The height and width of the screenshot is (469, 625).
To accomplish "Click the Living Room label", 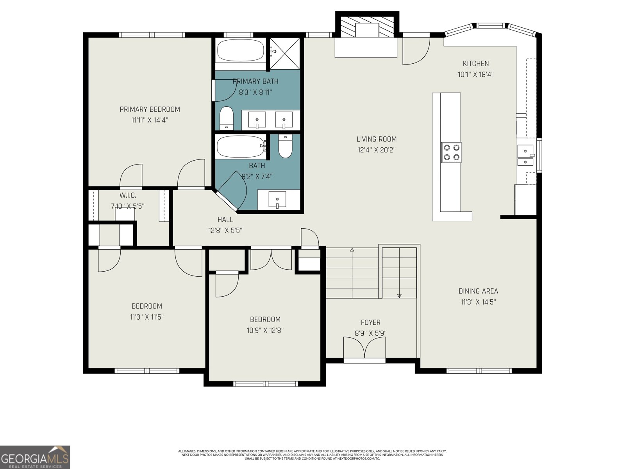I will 376,139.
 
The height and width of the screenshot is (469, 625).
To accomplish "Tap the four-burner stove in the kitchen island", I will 452,152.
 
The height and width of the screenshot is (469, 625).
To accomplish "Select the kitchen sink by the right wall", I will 526,156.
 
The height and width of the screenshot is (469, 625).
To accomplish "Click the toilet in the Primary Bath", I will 226,118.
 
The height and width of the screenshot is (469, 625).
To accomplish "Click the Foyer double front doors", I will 365,348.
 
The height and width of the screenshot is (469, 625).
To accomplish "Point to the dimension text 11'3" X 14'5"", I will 478,302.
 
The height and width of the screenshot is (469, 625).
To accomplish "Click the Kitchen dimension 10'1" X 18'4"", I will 475,74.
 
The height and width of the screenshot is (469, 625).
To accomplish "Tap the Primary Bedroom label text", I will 150,109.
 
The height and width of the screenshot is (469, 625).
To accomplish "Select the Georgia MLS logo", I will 35,457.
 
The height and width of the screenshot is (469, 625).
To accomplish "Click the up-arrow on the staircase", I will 352,250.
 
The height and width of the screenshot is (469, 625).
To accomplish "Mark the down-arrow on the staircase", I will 399,295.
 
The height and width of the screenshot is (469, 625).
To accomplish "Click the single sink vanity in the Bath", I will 277,199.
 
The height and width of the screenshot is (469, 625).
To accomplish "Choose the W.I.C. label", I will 128,195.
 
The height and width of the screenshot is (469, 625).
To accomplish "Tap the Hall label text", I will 225,220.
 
